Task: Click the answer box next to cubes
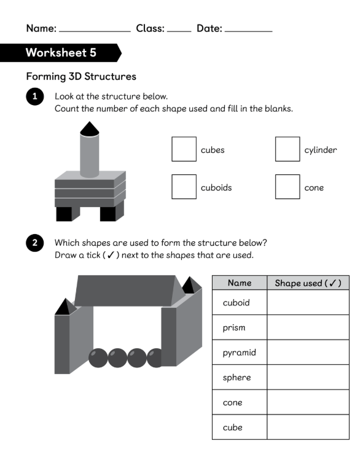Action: (x=184, y=149)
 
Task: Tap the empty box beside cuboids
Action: (x=184, y=187)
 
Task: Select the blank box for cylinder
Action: (x=288, y=149)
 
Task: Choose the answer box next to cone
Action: (x=288, y=187)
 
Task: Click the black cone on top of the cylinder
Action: (x=90, y=129)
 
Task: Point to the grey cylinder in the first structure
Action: (x=90, y=155)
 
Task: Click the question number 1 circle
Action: (x=34, y=96)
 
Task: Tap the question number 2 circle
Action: (x=34, y=243)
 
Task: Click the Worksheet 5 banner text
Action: (x=61, y=53)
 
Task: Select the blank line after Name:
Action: (x=95, y=31)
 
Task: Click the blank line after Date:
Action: (x=249, y=31)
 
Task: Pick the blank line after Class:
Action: (x=179, y=31)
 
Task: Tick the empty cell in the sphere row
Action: (x=308, y=377)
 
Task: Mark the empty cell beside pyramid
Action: (x=308, y=352)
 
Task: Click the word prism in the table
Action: (x=234, y=327)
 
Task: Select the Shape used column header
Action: (x=308, y=283)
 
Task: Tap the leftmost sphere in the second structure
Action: (x=98, y=358)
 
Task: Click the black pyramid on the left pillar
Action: (x=66, y=307)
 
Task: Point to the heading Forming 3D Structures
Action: (x=81, y=76)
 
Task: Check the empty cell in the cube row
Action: (x=308, y=427)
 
